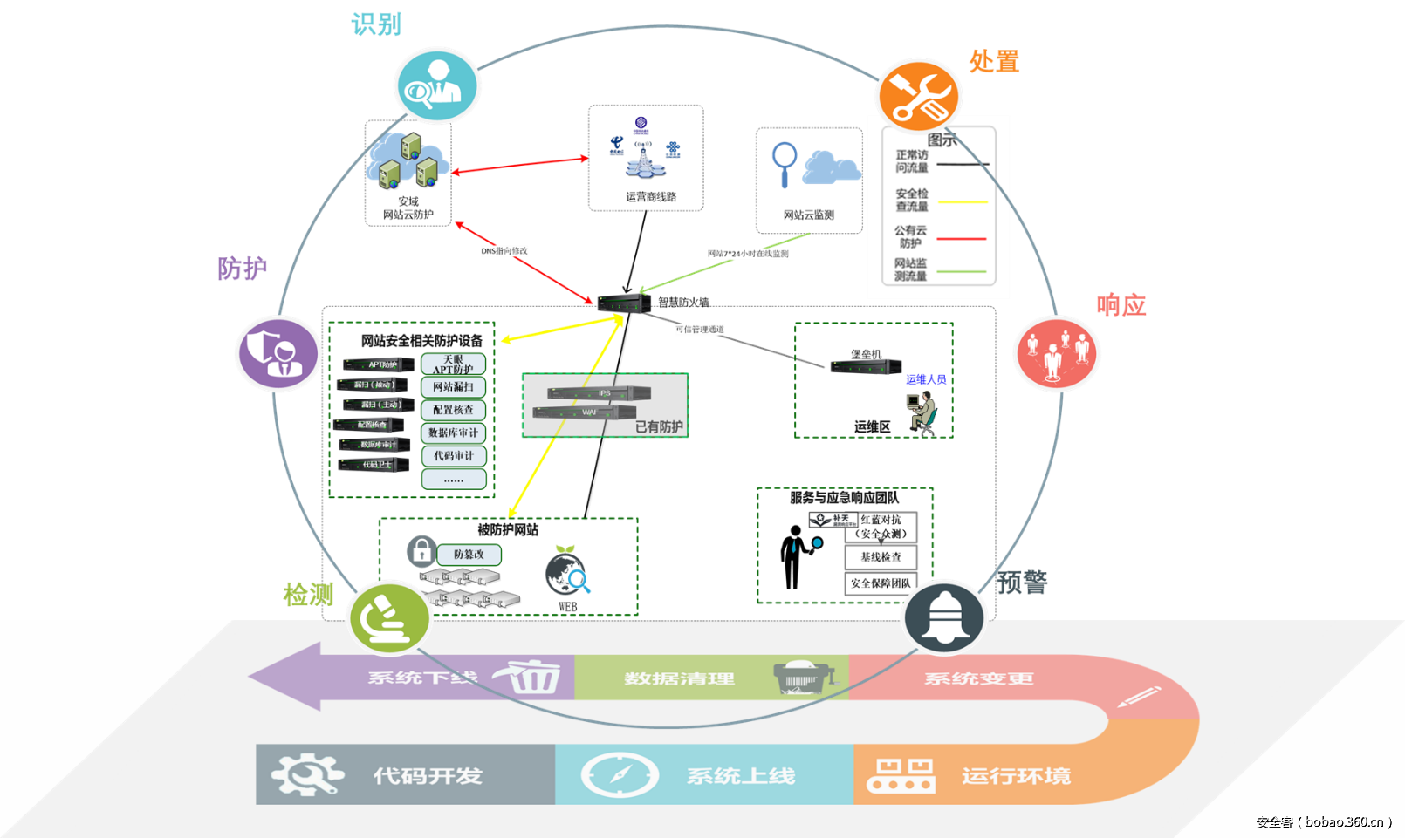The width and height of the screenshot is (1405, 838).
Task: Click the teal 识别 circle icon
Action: coord(437,85)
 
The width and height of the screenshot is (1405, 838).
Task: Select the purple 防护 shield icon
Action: coord(278,353)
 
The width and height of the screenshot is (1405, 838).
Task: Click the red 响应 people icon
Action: coord(1057,352)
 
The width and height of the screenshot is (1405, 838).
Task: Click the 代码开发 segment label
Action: coord(428,775)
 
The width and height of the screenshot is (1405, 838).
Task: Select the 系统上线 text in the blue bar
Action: coord(740,775)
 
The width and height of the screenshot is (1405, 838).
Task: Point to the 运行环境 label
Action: coord(1016,775)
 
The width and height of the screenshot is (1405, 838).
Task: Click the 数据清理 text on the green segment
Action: coord(679,678)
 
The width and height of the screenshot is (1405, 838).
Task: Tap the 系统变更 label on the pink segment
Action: coord(978,678)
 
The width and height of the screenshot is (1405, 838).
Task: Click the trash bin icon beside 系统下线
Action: coord(531,676)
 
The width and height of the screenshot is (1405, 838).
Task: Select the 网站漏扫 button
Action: coord(453,386)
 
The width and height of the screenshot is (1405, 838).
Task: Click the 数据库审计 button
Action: coord(453,433)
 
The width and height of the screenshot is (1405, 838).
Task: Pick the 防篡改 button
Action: coord(469,554)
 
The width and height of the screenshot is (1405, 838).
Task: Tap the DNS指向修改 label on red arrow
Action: coord(504,251)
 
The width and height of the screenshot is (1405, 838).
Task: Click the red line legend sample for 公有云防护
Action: coord(961,238)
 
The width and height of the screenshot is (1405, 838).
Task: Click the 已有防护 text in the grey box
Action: coord(658,426)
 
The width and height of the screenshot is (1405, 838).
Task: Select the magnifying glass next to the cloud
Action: coord(785,162)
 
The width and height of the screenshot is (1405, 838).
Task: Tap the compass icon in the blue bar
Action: coord(620,775)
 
